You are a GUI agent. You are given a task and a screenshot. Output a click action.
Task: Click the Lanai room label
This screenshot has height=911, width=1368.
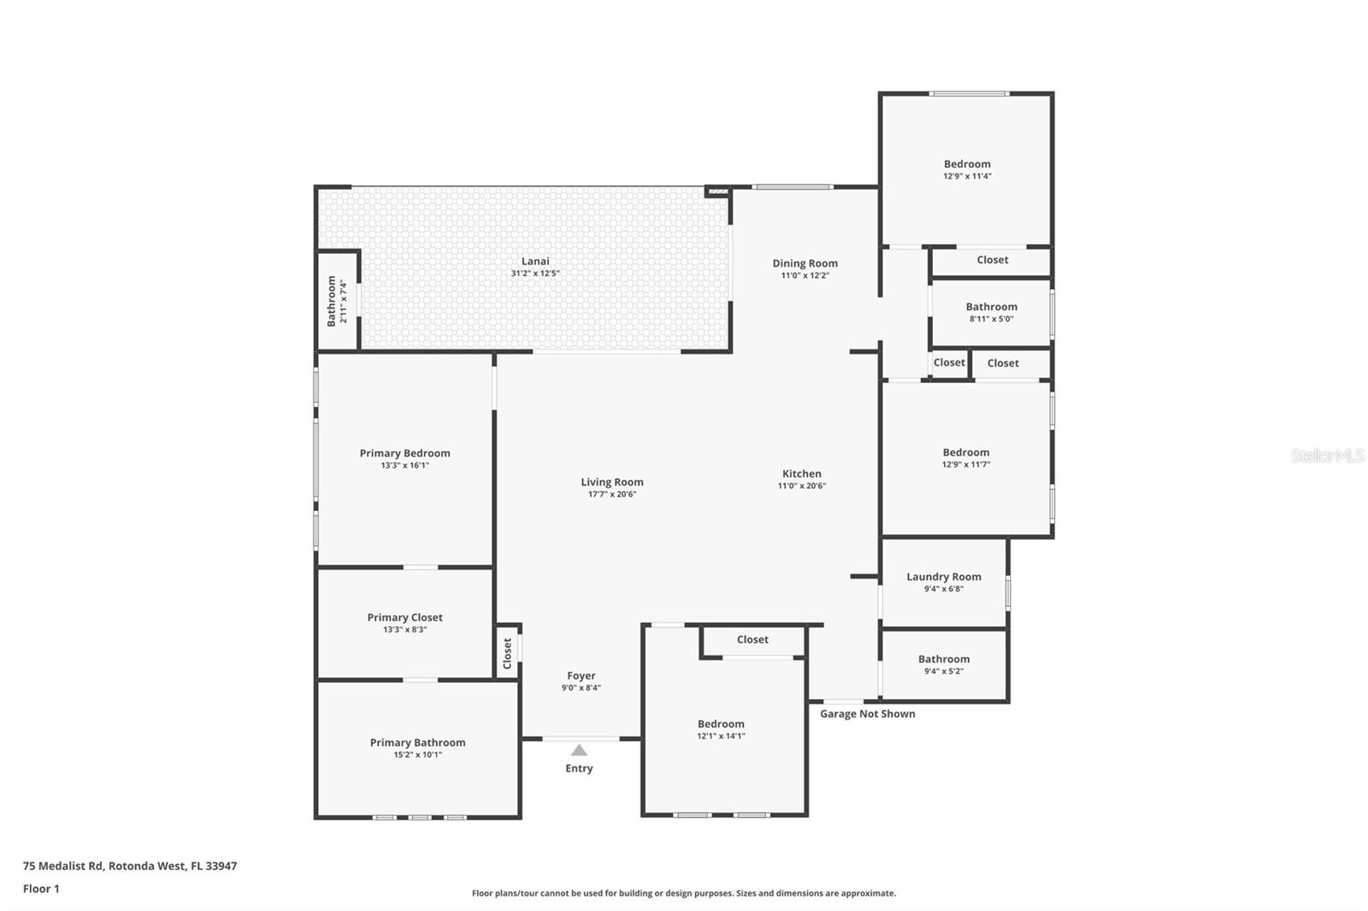[x=535, y=262]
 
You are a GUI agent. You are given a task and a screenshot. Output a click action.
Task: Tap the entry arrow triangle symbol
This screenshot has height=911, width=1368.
[x=579, y=750]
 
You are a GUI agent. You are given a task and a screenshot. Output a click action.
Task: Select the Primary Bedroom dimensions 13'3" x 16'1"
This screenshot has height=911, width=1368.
[x=404, y=466]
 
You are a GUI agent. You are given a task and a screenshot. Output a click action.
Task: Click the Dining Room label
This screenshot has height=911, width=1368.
[x=805, y=263]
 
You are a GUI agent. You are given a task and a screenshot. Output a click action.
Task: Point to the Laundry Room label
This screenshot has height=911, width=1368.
[x=943, y=577]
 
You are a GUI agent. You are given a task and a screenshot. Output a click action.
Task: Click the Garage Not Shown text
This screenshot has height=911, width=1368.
[x=867, y=714]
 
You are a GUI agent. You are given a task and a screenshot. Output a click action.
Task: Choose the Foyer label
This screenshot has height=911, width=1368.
[x=581, y=676]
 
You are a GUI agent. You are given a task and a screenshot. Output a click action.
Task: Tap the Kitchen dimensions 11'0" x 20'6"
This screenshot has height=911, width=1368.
[x=801, y=486]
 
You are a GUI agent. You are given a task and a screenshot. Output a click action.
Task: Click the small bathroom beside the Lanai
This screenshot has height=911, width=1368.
[x=337, y=301]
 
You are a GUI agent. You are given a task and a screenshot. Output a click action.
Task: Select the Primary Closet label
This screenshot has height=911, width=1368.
[x=404, y=617]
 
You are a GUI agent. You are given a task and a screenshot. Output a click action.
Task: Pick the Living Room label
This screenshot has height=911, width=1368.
[x=611, y=482]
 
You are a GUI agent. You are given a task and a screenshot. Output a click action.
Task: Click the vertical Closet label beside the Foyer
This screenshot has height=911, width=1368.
[x=507, y=654]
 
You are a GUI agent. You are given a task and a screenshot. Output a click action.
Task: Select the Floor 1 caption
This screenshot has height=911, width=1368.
[x=41, y=889]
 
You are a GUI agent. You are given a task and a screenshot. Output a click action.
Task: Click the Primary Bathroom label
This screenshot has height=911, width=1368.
[x=417, y=743]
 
